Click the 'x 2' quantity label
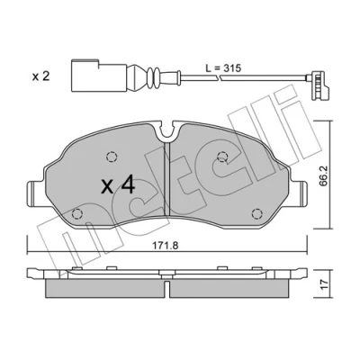(40, 76)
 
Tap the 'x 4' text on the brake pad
(118, 185)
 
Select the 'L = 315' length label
(223, 68)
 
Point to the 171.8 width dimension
(166, 246)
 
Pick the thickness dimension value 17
(323, 283)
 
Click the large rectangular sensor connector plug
(99, 75)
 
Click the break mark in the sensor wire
(219, 78)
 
